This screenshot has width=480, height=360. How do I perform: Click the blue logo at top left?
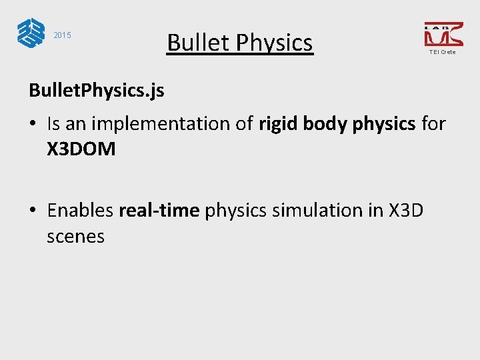29,33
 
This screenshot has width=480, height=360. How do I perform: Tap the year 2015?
62,35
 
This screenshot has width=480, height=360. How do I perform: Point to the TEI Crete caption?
443,52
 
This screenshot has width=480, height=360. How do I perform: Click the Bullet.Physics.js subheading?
96,90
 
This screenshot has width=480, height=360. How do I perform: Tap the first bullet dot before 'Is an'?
33,124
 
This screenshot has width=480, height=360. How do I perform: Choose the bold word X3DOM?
81,149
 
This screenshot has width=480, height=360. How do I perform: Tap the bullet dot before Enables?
33,211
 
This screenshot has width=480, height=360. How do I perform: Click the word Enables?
80,211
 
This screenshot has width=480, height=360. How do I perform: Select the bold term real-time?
159,211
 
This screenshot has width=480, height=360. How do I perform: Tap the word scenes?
75,237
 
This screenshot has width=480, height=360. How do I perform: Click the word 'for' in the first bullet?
433,123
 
